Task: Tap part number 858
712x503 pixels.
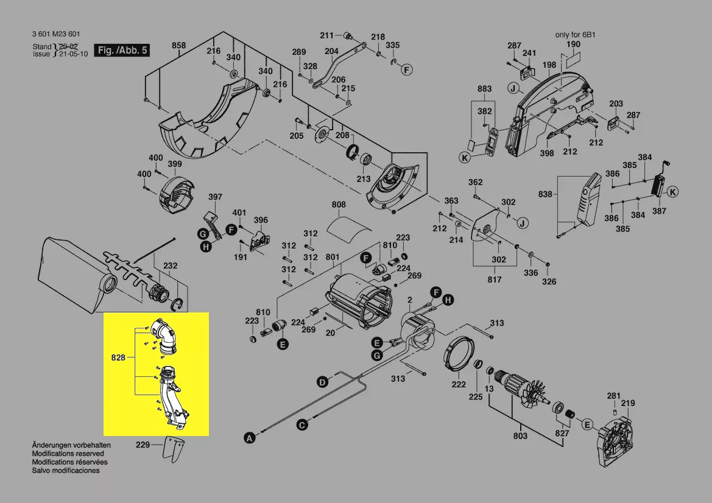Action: point(178,46)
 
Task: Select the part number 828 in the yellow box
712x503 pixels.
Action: point(118,357)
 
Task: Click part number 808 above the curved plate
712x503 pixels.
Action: point(339,205)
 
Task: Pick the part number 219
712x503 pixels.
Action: point(628,403)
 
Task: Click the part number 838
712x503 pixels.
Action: point(545,195)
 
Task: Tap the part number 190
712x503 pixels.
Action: point(573,45)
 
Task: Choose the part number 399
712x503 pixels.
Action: point(175,164)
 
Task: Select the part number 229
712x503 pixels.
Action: point(143,445)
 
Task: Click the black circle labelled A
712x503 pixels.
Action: point(248,437)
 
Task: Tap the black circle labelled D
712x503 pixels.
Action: point(322,382)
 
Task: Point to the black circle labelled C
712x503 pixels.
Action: point(301,425)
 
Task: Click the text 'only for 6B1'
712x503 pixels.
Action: point(574,35)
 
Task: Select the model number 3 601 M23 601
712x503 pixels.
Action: point(55,34)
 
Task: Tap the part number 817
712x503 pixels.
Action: point(495,280)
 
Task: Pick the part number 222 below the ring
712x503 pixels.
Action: point(459,384)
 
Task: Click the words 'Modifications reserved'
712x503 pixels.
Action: point(68,454)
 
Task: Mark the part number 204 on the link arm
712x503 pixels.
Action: point(331,52)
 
